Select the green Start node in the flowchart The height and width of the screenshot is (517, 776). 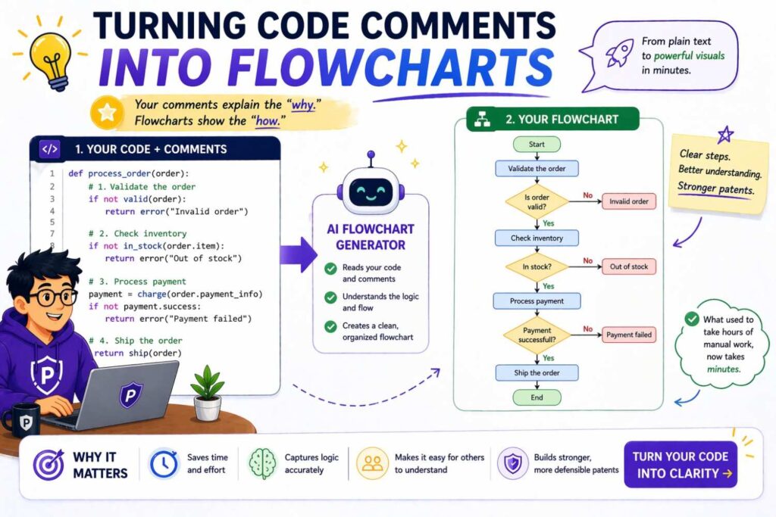pos(537,144)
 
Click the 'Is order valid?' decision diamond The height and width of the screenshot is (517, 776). pos(537,202)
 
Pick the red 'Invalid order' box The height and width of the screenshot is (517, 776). pos(628,201)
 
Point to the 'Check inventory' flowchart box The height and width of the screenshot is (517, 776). pos(537,238)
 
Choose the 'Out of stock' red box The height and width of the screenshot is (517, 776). pos(628,266)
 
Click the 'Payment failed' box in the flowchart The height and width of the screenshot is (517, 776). pos(628,335)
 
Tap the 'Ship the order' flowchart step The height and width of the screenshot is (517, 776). pos(537,372)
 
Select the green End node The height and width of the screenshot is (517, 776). pos(537,397)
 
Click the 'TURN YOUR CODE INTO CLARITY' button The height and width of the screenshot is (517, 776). pos(680,465)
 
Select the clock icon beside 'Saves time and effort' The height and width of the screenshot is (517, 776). pos(163,464)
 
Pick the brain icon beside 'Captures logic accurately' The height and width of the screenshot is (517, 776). pos(262,464)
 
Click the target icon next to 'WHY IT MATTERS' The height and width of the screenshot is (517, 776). pos(48,464)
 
